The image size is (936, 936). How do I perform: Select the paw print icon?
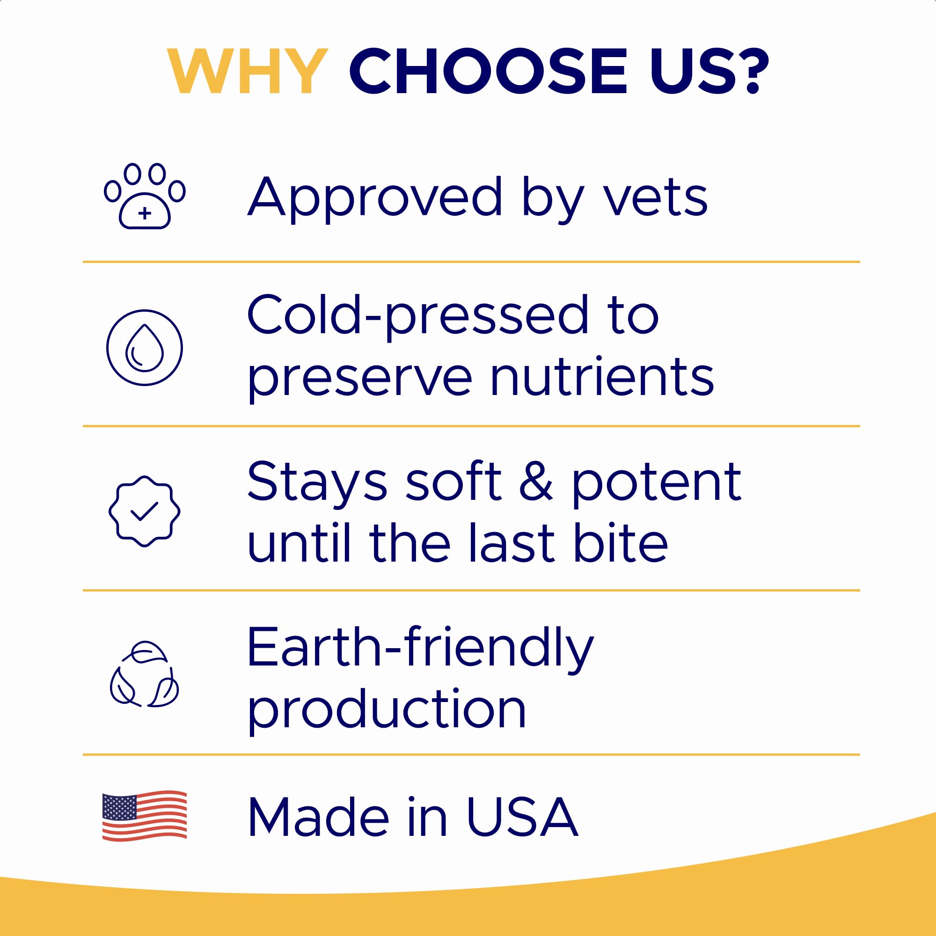click(144, 196)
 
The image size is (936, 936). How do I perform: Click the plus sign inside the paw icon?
click(144, 213)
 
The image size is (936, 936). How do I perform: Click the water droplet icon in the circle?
click(144, 348)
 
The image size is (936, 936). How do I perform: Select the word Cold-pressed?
click(417, 315)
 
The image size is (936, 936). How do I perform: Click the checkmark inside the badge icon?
click(144, 512)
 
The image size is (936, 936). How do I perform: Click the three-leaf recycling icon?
click(144, 674)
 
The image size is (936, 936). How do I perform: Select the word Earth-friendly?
click(420, 648)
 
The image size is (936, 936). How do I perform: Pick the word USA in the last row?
click(522, 818)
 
